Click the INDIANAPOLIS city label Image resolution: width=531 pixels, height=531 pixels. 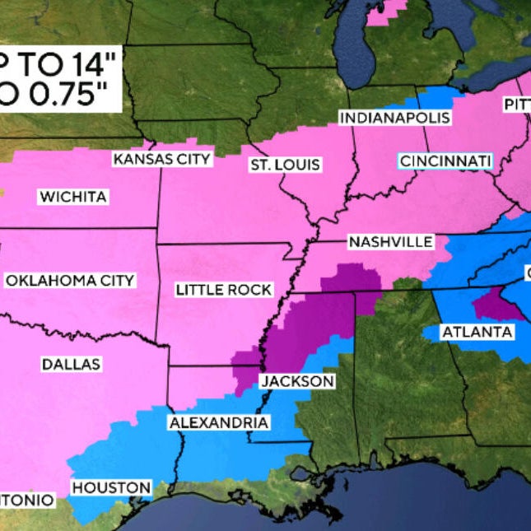(x=395, y=117)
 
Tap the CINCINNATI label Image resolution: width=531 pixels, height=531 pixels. (x=445, y=160)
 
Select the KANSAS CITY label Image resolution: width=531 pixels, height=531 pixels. (x=162, y=159)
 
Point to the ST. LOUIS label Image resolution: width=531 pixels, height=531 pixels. (x=285, y=165)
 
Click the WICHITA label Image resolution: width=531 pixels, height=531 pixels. (x=72, y=196)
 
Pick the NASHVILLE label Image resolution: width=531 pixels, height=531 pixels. (x=390, y=241)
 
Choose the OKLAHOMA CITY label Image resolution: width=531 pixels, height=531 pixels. (x=70, y=281)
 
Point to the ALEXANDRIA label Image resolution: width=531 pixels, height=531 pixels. (x=218, y=423)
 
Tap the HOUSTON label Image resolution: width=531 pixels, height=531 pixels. (x=111, y=487)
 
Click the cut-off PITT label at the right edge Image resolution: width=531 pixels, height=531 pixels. (x=517, y=105)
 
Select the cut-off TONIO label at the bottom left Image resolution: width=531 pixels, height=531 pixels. (x=26, y=500)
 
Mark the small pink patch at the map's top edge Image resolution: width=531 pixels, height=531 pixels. (x=388, y=12)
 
